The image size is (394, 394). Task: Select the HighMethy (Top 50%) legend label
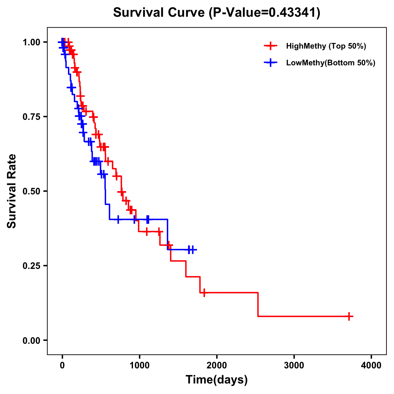(x=326, y=46)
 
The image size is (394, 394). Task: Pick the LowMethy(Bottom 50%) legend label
(x=331, y=63)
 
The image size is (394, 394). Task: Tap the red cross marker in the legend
(x=271, y=46)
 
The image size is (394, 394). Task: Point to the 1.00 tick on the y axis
(x=31, y=42)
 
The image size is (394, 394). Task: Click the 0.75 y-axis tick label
(x=31, y=117)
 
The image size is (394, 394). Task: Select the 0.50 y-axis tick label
(x=31, y=191)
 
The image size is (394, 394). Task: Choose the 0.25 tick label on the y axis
(x=31, y=266)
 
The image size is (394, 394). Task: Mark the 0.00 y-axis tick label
(x=31, y=340)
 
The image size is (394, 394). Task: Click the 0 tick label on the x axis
(x=62, y=365)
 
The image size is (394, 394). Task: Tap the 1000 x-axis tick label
(x=139, y=365)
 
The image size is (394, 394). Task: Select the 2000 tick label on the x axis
(x=217, y=365)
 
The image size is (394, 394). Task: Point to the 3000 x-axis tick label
(x=294, y=365)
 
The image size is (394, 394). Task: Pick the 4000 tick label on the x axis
(x=371, y=365)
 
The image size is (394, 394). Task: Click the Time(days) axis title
(x=217, y=380)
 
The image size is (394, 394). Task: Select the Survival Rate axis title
(x=12, y=191)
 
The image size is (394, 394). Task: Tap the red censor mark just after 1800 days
(x=204, y=293)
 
